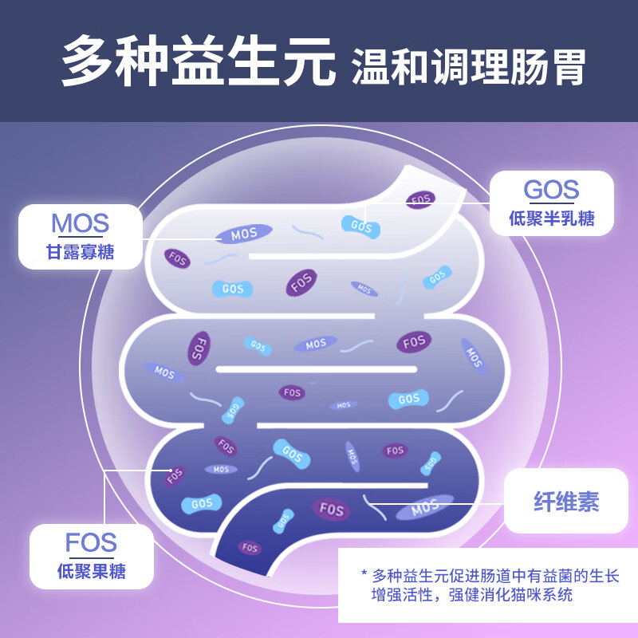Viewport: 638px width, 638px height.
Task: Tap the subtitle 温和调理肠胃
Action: click(468, 67)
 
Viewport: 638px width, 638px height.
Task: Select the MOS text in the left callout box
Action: click(80, 223)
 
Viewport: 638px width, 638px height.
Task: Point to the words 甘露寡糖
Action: click(80, 253)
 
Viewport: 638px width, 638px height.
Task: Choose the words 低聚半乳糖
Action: click(551, 219)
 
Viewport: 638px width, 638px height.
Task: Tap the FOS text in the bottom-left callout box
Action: click(91, 542)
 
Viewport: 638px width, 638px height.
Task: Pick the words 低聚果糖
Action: click(91, 571)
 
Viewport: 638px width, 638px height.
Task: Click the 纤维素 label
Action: click(565, 502)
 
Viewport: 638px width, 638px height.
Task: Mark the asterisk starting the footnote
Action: click(364, 574)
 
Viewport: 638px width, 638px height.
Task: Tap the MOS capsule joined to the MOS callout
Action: click(244, 234)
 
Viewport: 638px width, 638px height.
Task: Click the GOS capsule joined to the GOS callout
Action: click(361, 226)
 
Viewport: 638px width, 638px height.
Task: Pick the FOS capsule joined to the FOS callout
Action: click(175, 476)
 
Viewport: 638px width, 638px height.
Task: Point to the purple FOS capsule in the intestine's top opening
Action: click(420, 199)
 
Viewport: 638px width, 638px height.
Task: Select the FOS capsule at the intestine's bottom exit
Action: click(250, 548)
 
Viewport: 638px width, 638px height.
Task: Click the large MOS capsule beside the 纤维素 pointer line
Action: click(424, 506)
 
